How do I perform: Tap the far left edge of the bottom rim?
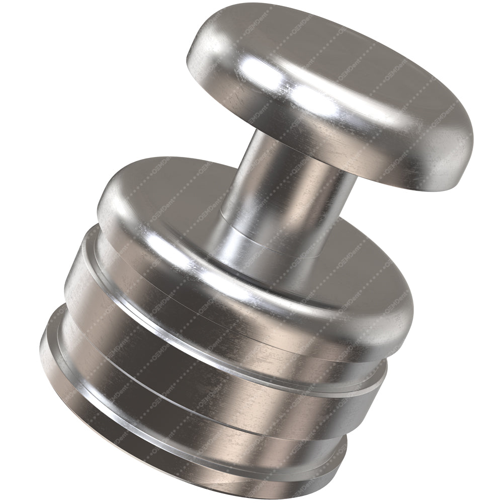pos(42,347)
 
